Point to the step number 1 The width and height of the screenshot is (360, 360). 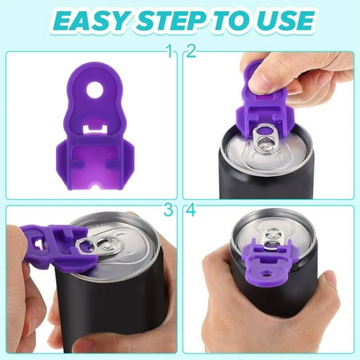169,52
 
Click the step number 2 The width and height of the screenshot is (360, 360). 190,52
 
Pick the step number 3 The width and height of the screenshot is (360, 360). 169,210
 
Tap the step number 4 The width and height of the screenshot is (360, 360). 190,210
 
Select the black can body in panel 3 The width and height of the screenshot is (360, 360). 120,312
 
